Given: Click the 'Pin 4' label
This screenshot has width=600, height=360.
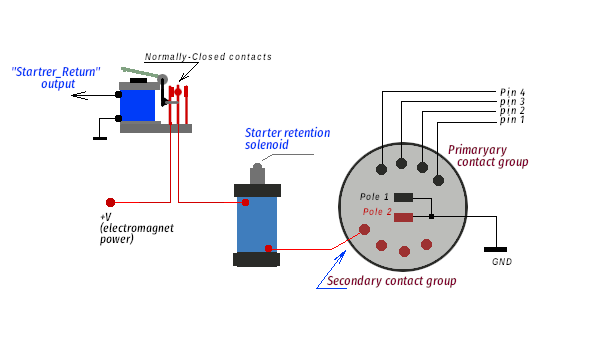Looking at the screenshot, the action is [x=512, y=92].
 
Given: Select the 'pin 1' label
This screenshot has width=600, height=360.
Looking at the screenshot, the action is [x=512, y=120].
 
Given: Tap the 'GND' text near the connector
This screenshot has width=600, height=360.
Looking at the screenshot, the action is [x=502, y=262].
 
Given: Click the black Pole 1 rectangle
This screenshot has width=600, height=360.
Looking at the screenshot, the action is [x=403, y=197].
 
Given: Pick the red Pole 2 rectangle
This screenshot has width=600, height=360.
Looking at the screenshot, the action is [x=403, y=218].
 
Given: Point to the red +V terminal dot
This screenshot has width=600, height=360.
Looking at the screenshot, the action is [x=110, y=202].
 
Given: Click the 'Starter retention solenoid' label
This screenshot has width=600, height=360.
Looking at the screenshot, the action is [x=287, y=138].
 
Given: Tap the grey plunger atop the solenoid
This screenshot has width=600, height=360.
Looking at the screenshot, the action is [x=257, y=174].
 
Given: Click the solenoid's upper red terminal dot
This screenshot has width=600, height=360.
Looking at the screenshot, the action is [x=245, y=202].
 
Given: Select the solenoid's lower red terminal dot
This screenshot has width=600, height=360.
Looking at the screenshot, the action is [x=268, y=248].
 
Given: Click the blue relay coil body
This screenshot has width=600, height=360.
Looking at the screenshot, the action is [x=137, y=106].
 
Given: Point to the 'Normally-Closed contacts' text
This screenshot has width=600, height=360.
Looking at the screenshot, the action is [x=208, y=57].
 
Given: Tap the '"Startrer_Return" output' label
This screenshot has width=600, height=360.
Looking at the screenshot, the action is [x=56, y=78].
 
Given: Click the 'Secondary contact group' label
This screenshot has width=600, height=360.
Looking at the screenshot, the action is [x=391, y=281].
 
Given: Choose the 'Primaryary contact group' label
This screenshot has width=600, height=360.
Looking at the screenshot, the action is [x=488, y=156].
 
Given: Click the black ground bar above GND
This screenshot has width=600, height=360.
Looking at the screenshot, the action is [x=495, y=249].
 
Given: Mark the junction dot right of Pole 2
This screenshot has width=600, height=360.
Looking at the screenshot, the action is [x=431, y=217].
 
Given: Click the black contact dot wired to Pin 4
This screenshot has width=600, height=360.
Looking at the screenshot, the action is [x=381, y=169].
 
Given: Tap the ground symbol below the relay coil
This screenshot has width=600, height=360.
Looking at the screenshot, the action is [x=100, y=138].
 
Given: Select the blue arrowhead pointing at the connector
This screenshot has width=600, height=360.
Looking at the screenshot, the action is [x=341, y=256].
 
